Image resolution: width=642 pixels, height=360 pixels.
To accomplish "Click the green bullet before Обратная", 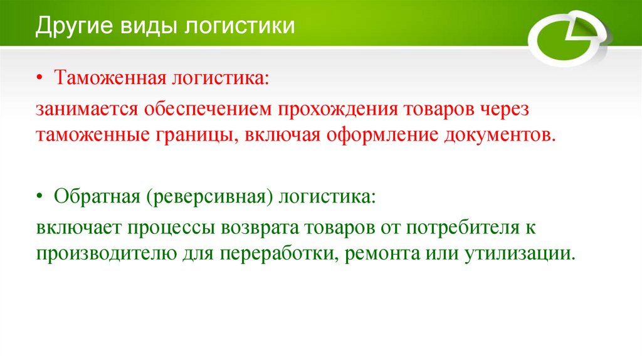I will point(39,197).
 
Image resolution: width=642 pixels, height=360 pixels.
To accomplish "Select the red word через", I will point(497,109).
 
